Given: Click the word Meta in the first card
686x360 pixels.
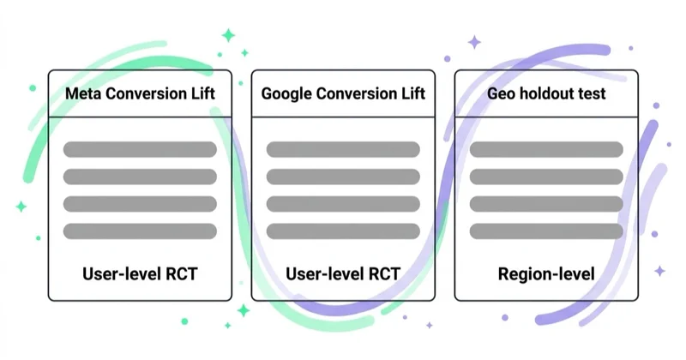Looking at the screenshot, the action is [x=83, y=93].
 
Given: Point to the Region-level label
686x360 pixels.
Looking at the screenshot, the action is [x=546, y=274].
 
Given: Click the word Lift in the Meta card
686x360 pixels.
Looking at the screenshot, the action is [x=203, y=93].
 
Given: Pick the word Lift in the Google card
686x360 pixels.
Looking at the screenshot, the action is [x=413, y=93].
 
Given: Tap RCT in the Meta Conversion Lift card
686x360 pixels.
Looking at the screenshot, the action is [x=182, y=273].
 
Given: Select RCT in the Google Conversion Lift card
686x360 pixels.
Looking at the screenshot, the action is [x=384, y=273].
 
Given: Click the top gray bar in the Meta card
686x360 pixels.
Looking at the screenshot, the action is [x=140, y=150].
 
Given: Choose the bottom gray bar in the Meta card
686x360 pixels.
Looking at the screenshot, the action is [x=140, y=231].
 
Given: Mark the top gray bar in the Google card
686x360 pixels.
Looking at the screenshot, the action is [x=343, y=150].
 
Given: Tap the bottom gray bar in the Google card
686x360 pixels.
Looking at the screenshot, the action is [x=343, y=231].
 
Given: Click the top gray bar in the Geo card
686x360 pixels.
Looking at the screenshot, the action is [x=546, y=150].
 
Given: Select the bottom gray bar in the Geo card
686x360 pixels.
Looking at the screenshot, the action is [x=546, y=231].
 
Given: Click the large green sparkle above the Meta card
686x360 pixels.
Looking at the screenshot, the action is [x=228, y=35].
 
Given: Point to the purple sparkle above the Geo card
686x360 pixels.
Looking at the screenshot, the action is [x=474, y=43].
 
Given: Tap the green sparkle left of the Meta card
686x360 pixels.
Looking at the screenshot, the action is [x=21, y=207].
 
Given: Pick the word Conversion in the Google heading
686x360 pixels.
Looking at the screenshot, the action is [x=357, y=93].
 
